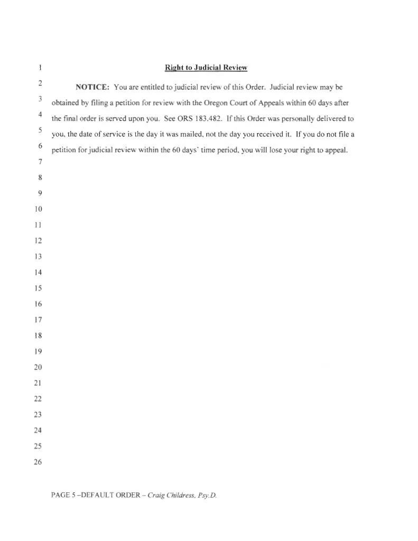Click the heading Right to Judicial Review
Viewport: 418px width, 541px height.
[x=206, y=68]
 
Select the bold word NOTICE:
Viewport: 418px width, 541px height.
[x=92, y=87]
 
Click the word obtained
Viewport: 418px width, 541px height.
[x=64, y=102]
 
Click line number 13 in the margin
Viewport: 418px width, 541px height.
[x=38, y=257]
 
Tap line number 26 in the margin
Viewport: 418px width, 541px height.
[x=38, y=462]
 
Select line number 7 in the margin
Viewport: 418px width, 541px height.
[x=39, y=162]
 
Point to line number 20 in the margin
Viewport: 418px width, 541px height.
[x=38, y=367]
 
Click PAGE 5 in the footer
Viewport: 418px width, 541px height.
[x=63, y=496]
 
